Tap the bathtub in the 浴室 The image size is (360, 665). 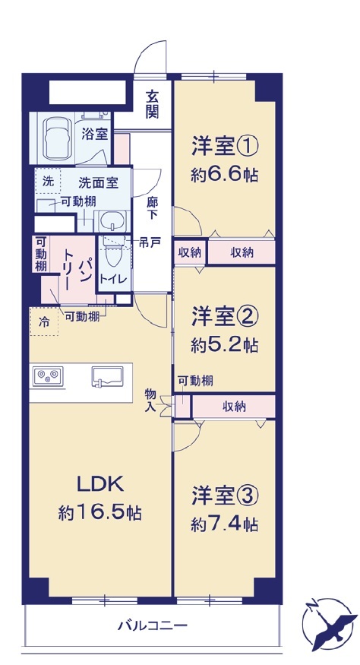point(55,137)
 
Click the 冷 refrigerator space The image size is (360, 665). point(44,322)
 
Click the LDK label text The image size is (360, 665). point(100,484)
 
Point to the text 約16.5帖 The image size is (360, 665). point(100,513)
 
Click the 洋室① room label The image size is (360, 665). point(225,147)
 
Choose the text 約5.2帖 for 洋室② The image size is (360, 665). point(224,345)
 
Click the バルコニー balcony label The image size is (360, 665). point(152,625)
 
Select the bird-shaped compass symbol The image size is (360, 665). point(329,622)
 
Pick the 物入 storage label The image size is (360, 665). point(151,400)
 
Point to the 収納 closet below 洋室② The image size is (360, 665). point(234,407)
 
